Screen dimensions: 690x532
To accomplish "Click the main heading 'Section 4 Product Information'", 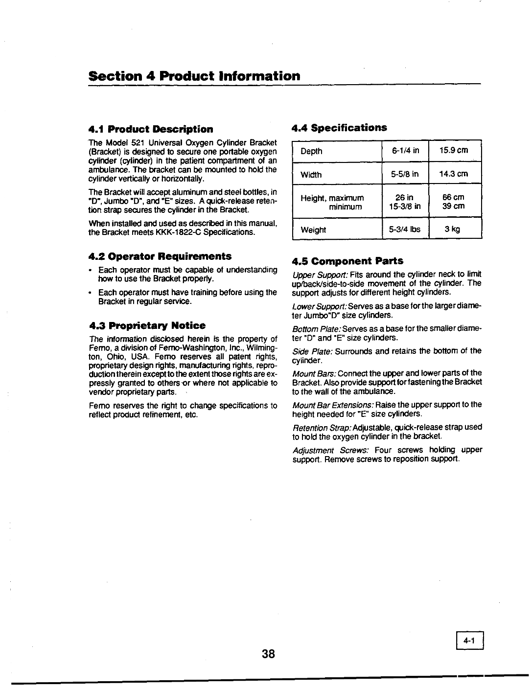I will [x=194, y=76].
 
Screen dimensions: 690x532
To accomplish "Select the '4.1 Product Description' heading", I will [x=151, y=129].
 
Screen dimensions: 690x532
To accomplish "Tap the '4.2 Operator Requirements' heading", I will [x=160, y=256].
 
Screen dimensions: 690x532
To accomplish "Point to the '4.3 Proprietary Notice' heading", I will [x=147, y=325].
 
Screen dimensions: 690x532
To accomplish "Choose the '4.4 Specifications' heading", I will [x=339, y=128].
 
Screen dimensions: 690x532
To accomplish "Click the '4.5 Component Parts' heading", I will [x=347, y=261].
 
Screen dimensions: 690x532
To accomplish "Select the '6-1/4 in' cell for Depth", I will [x=405, y=151].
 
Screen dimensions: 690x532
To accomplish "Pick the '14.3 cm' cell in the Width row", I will [x=453, y=174].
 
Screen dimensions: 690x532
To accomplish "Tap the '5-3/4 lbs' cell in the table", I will [x=405, y=229].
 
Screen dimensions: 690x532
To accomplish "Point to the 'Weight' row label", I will [x=313, y=230].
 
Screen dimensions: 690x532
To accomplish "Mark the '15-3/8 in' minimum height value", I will [x=405, y=206].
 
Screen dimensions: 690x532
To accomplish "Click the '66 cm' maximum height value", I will [x=453, y=197].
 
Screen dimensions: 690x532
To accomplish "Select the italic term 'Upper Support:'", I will [x=320, y=274].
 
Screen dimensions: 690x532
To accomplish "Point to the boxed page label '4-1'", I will [x=470, y=640].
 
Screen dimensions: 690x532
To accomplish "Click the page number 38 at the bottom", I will [x=269, y=654].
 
